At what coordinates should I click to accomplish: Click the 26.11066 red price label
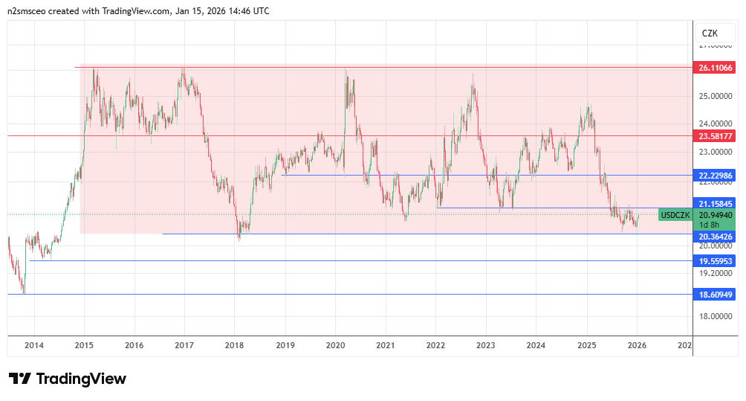click(716, 68)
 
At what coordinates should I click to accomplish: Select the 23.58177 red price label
click(716, 136)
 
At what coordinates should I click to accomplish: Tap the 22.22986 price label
click(716, 176)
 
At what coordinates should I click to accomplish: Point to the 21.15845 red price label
click(716, 203)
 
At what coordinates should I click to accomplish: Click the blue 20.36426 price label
click(716, 237)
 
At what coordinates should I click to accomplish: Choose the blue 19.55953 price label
click(716, 261)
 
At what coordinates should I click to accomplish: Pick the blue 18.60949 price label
click(716, 295)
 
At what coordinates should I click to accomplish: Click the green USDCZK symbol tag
click(675, 215)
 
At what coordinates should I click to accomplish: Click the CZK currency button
click(710, 33)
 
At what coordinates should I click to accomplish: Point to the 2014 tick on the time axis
click(34, 345)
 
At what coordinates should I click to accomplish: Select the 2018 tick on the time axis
click(235, 345)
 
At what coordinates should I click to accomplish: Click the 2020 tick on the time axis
click(335, 345)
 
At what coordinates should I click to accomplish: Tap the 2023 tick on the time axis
click(485, 345)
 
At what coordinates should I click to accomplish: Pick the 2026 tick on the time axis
click(636, 345)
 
